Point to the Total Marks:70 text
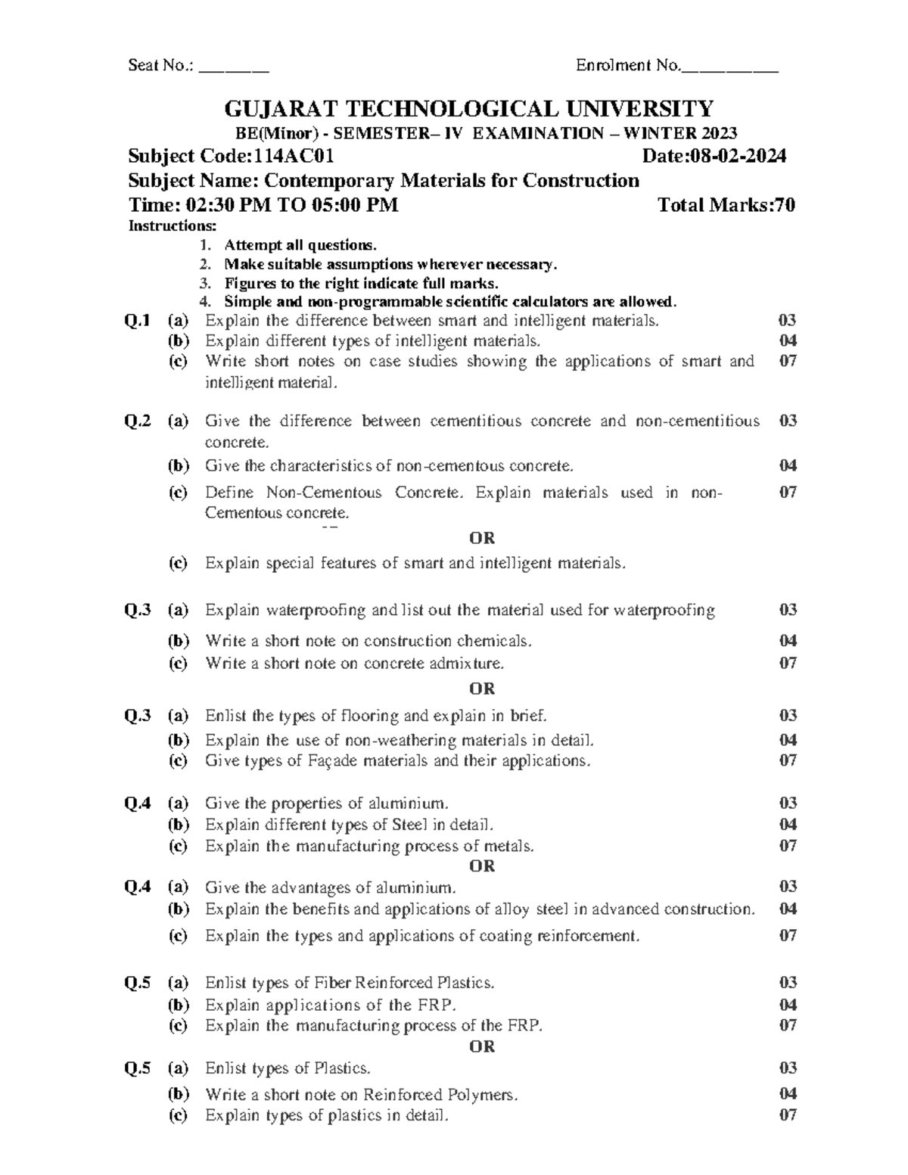click(x=726, y=205)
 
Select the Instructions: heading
click(x=172, y=226)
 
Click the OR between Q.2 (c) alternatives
click(x=482, y=538)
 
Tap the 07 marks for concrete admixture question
click(x=788, y=664)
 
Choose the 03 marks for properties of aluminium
click(x=788, y=803)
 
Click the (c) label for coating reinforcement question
click(x=178, y=936)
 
